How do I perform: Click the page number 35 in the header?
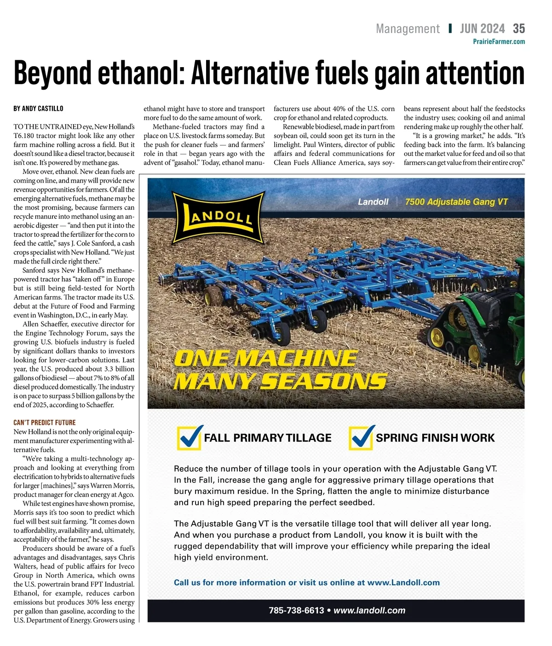(519, 29)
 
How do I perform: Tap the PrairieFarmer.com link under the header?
(499, 42)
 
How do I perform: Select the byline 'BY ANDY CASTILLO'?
(39, 109)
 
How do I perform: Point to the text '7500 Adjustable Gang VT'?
(456, 202)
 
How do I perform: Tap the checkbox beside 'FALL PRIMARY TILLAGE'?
(189, 438)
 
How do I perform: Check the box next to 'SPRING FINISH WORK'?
(361, 438)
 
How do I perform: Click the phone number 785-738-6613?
(296, 611)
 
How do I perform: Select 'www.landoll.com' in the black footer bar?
(369, 611)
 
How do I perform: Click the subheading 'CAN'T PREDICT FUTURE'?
(45, 423)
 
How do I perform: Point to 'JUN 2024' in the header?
(482, 29)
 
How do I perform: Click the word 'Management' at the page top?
(408, 29)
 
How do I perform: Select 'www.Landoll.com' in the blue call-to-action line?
(403, 583)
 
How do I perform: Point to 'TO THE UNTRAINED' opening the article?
(41, 127)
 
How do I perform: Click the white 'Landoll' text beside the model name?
(373, 202)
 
